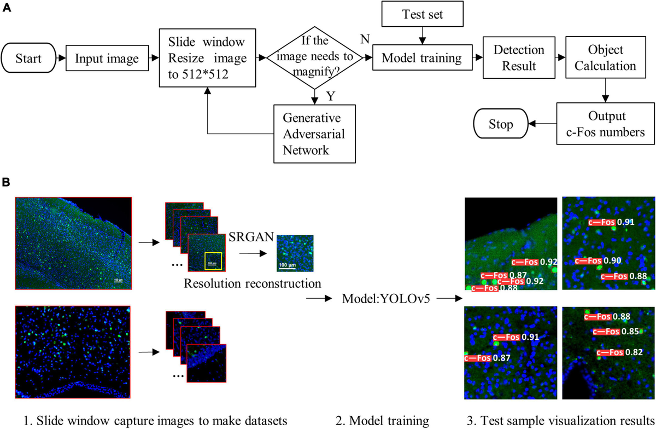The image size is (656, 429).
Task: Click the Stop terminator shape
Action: pyautogui.click(x=501, y=125)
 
